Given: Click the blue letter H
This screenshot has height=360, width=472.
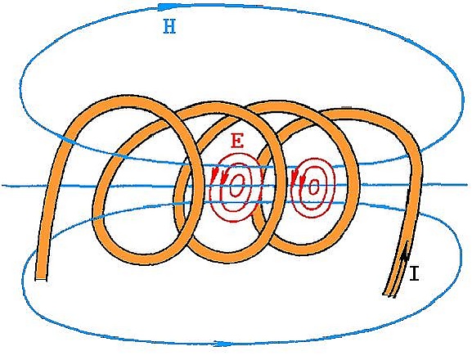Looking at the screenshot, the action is pos(169,26).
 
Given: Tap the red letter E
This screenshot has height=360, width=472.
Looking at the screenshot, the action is pos(237,141).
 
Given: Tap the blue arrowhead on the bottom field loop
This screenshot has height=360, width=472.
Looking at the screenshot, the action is pos(223,344).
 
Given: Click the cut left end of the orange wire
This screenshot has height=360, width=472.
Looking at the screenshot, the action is pos(41,278).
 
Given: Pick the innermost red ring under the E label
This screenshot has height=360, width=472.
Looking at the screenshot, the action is pos(237,185).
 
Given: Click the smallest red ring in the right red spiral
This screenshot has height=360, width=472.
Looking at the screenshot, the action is pos(313,187).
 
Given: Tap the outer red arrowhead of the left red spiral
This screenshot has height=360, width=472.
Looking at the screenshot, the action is pos(214,176).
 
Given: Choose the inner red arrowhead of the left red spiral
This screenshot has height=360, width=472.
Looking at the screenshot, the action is pos(223,178).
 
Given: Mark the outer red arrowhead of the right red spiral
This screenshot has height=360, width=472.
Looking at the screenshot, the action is pos(294,176).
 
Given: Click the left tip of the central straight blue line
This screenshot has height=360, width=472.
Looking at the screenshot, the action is pos(2,185).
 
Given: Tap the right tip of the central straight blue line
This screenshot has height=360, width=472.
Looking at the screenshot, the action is pos(470,184).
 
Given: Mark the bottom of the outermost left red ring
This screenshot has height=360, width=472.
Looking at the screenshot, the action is pos(234,221).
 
